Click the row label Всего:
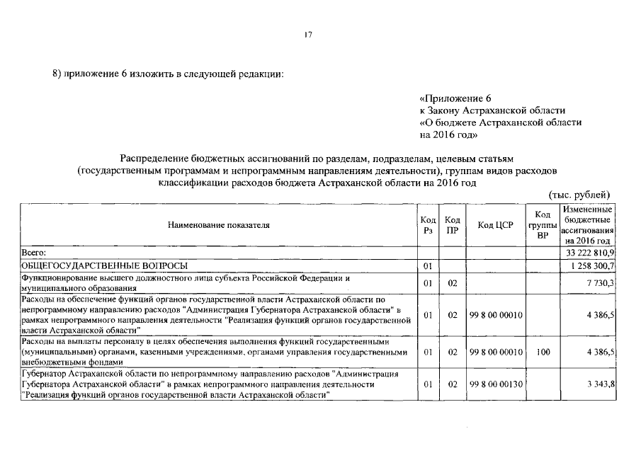34,252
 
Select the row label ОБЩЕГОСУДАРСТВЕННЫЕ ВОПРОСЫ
104,265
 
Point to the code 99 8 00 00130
496,384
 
